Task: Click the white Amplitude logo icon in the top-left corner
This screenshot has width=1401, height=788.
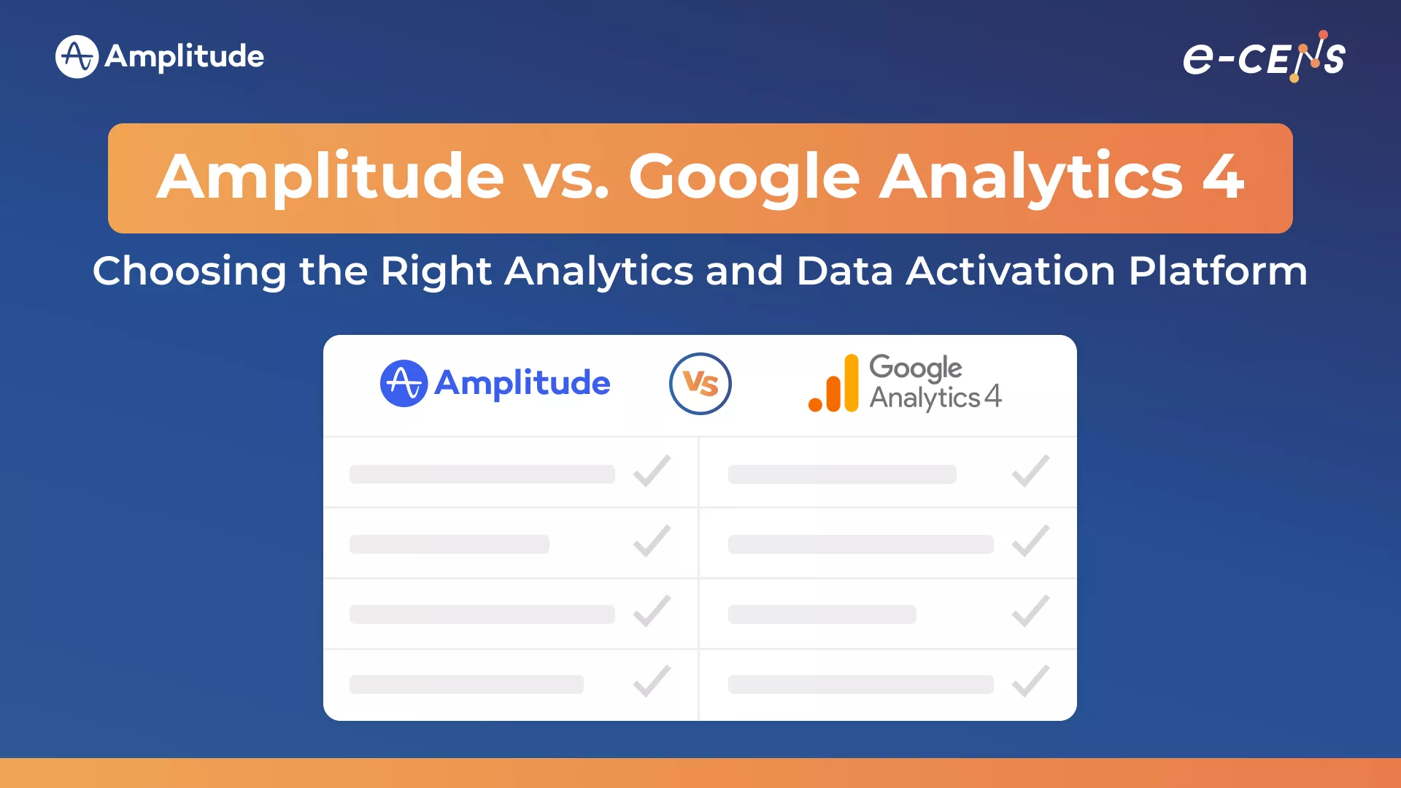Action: (x=77, y=56)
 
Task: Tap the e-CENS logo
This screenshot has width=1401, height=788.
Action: (x=1264, y=56)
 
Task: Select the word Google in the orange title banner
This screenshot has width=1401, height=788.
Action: (x=744, y=179)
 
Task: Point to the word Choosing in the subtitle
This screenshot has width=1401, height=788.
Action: (x=190, y=272)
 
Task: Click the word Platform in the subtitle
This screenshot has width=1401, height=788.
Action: (x=1218, y=271)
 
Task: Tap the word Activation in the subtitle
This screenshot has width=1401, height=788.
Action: (x=1011, y=271)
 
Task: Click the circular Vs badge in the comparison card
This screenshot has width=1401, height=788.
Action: (x=700, y=384)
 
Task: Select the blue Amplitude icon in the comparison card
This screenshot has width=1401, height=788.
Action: (x=404, y=383)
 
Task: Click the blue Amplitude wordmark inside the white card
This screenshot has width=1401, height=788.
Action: (x=522, y=383)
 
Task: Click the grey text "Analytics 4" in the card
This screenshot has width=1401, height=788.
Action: (x=935, y=398)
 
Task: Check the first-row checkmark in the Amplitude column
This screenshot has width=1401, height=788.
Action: (x=652, y=471)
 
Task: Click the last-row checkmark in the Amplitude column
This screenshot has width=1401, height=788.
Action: (x=652, y=681)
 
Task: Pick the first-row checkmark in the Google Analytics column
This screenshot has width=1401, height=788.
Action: (x=1030, y=471)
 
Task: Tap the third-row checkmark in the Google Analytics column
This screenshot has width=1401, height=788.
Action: (x=1030, y=611)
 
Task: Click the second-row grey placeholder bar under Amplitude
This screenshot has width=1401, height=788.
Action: (x=449, y=544)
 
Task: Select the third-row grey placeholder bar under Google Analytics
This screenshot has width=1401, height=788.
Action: (x=822, y=614)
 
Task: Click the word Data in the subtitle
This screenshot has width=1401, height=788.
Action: (x=845, y=271)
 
